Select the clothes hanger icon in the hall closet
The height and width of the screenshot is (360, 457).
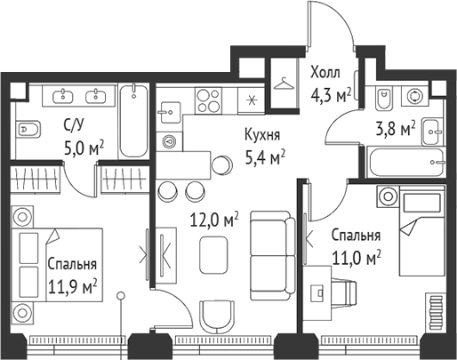tap(285, 83)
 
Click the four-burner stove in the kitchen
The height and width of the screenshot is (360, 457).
tap(208, 98)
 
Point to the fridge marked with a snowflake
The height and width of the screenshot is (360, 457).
tap(252, 99)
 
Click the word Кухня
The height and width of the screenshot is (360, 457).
tap(263, 136)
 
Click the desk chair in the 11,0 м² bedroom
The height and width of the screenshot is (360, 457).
tap(349, 291)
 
